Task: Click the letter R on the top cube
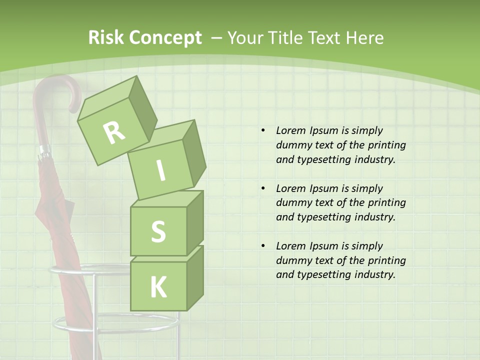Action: pyautogui.click(x=114, y=132)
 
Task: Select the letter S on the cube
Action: pyautogui.click(x=158, y=232)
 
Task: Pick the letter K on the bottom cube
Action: pyautogui.click(x=158, y=287)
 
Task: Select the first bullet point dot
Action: pyautogui.click(x=262, y=131)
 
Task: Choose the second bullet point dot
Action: pyautogui.click(x=262, y=188)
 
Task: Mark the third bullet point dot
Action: pyautogui.click(x=262, y=246)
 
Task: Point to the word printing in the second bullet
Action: pyautogui.click(x=386, y=202)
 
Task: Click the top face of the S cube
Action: pyautogui.click(x=167, y=199)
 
